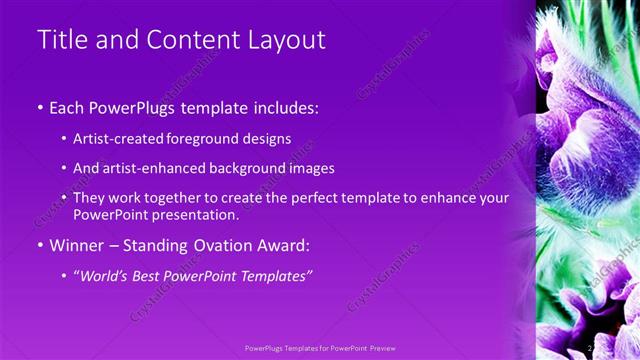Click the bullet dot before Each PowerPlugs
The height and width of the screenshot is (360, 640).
(x=40, y=107)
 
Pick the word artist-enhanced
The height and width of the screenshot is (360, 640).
(x=149, y=168)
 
